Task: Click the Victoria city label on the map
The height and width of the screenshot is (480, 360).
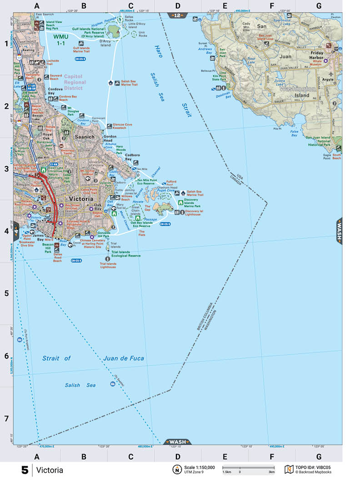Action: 81,199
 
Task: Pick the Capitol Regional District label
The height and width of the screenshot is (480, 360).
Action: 75,82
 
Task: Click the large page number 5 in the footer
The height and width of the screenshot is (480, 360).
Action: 25,470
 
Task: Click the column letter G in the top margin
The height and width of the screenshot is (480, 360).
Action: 319,6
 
